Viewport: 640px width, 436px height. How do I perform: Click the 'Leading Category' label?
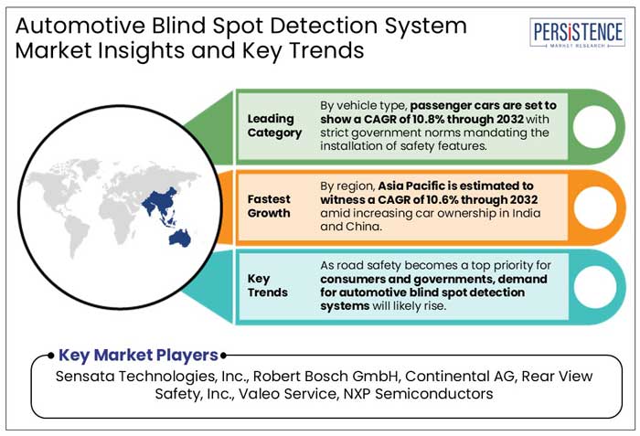click(x=273, y=125)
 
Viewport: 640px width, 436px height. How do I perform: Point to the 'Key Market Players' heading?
click(x=139, y=356)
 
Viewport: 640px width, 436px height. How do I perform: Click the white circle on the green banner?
click(x=594, y=126)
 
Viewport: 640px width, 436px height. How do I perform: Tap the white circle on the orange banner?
click(x=594, y=206)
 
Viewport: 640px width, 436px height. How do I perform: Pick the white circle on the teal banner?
click(x=594, y=285)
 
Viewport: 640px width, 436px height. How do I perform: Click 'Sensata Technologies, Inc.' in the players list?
click(x=147, y=377)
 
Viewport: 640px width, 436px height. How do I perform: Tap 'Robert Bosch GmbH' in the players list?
click(x=321, y=377)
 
